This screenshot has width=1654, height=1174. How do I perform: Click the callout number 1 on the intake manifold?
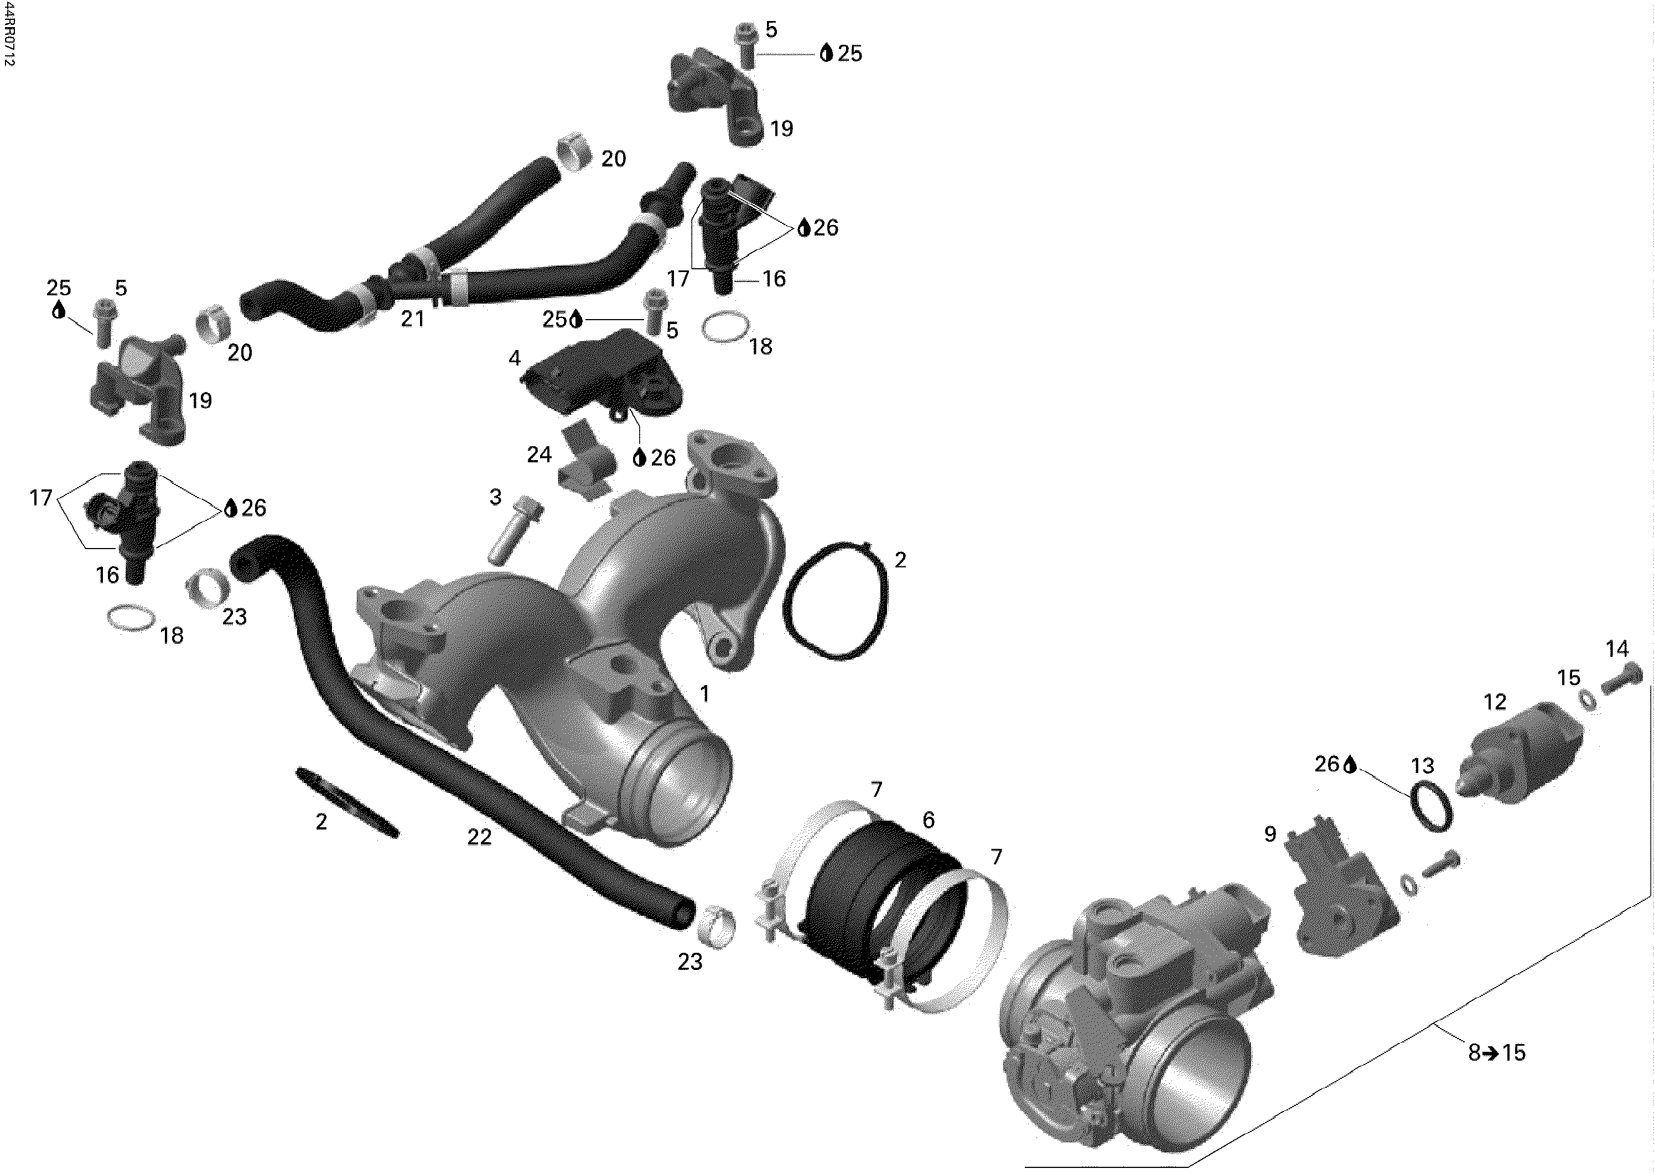(x=704, y=693)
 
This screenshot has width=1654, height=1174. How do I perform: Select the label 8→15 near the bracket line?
(x=1496, y=1052)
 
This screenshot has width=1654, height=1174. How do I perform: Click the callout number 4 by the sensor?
(x=514, y=358)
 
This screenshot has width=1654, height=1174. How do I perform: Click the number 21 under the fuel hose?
(x=412, y=318)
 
